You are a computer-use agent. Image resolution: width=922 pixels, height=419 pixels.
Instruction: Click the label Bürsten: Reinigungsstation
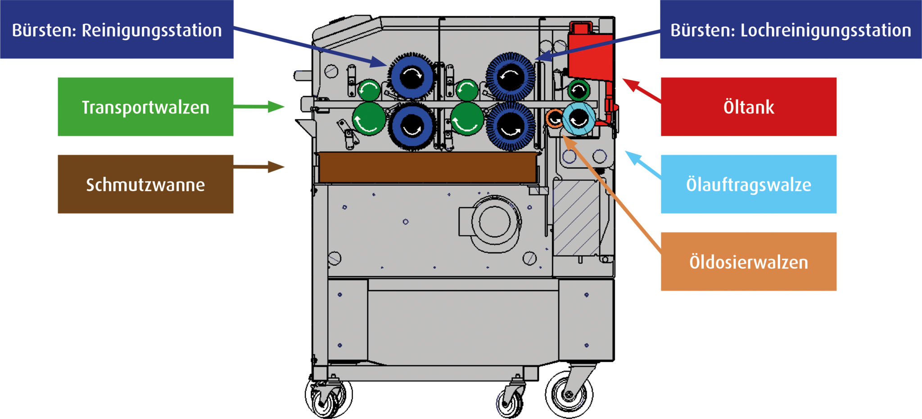pos(117,30)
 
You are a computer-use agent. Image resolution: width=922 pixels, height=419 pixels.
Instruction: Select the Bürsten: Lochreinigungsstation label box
pos(791,30)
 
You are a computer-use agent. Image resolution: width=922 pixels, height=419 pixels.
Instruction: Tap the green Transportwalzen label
pos(145,107)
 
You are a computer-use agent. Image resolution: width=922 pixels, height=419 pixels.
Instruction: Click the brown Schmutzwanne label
pos(145,184)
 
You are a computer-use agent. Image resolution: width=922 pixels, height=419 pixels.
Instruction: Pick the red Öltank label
pos(748,107)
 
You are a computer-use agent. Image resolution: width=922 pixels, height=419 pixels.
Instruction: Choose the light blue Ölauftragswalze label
pos(748,184)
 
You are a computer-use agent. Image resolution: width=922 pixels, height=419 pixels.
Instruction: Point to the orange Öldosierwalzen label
pos(748,262)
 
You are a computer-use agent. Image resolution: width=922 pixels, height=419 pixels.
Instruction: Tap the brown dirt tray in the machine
pos(428,167)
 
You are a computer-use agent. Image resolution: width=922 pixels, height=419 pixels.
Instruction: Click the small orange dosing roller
pos(554,118)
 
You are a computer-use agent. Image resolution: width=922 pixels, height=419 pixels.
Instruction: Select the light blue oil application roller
pos(579,119)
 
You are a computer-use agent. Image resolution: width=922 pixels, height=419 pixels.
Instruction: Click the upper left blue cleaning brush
pos(411,77)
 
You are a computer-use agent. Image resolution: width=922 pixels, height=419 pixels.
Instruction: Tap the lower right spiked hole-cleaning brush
pos(511,126)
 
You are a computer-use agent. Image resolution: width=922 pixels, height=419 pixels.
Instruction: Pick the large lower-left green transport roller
pos(369,119)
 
